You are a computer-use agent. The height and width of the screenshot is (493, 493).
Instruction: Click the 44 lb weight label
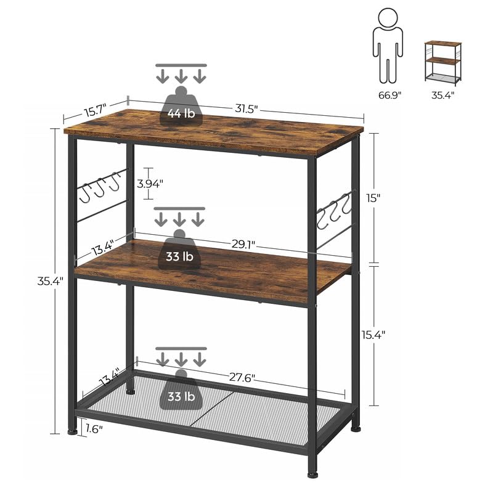(x=180, y=113)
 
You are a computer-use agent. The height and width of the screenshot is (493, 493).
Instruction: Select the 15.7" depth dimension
(x=94, y=110)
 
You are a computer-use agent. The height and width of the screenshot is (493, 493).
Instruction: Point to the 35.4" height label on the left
(x=50, y=281)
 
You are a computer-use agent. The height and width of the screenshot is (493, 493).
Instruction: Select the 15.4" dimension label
(x=373, y=335)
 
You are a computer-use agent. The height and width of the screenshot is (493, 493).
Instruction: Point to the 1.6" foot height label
(x=94, y=428)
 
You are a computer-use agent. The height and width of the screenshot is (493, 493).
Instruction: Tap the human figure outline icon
(x=388, y=46)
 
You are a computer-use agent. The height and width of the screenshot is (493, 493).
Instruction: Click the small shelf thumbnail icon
(x=442, y=62)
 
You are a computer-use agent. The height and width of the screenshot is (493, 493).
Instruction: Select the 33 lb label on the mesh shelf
(x=181, y=397)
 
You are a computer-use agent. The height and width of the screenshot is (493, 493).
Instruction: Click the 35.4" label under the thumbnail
(x=442, y=95)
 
